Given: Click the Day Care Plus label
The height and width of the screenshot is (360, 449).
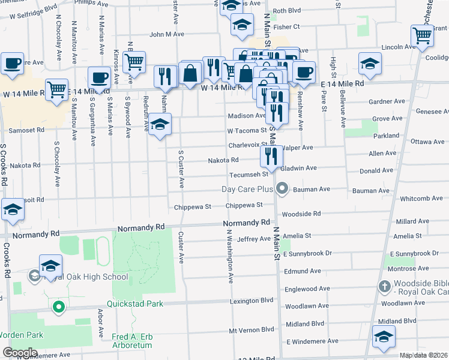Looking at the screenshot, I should [247, 190].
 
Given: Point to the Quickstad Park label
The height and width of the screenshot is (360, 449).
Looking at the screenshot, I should [135, 304].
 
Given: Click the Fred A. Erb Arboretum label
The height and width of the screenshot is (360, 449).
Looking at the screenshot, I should [133, 341].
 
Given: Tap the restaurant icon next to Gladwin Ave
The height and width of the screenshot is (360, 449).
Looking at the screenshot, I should [271, 157].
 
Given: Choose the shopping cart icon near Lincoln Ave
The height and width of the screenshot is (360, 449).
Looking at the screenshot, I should [422, 37].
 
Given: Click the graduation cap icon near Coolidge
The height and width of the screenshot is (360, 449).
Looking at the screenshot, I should [370, 64].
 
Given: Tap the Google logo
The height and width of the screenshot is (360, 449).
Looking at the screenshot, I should [20, 353].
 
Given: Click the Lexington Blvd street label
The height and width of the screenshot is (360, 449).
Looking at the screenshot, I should [252, 300].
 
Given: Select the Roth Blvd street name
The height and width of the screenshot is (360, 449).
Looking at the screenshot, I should [286, 11].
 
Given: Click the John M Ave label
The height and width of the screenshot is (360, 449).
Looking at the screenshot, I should [167, 34].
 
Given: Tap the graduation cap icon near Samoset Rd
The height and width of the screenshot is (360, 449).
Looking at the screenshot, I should [160, 125].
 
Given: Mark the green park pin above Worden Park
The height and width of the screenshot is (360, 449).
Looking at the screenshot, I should [58, 308].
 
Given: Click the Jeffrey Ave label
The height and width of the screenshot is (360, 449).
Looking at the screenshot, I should [254, 239].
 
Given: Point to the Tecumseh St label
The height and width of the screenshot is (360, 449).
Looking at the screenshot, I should [248, 175].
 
